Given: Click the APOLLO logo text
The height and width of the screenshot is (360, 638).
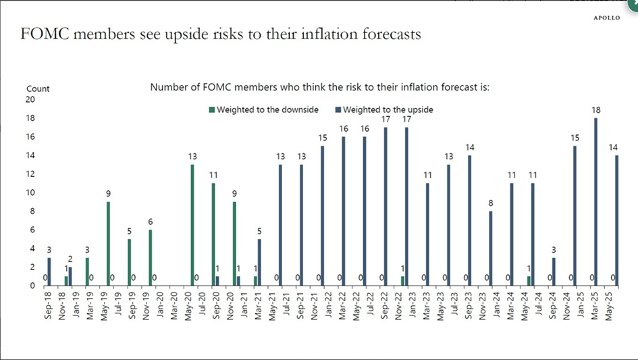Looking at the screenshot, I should point(606,18).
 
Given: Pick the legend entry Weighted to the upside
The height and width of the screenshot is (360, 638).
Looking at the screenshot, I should point(384,109).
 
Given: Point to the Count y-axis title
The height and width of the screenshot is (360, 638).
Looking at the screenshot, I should point(38,88).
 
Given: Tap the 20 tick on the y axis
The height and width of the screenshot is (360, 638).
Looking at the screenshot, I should point(30,99).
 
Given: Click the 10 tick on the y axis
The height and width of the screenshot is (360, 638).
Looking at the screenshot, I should point(30,192).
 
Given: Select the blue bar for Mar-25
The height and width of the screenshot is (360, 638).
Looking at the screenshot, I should point(595,202).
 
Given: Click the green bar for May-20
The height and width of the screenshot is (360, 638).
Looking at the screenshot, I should point(192,225).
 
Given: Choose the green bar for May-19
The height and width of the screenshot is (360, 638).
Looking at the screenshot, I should point(108,244).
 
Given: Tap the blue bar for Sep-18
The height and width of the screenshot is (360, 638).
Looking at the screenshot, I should point(49,272).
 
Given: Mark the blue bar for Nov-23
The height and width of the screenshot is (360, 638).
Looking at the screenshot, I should point(491,249).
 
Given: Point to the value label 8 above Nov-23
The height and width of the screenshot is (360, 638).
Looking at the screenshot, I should point(491,203).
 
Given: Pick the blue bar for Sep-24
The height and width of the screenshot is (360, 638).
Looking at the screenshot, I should point(554,272).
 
